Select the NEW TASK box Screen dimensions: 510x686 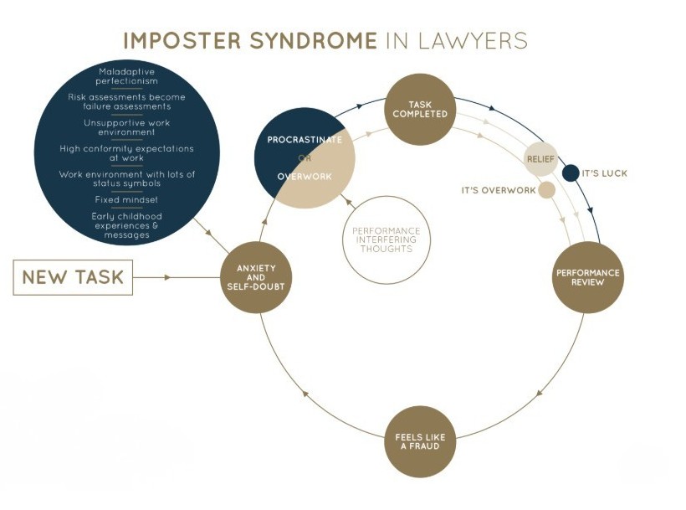tap(73, 277)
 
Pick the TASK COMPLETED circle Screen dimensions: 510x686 tap(419, 109)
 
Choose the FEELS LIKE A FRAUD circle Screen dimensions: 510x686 tap(419, 441)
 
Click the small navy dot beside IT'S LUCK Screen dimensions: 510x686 tap(571, 173)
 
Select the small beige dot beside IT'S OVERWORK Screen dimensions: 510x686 tap(546, 190)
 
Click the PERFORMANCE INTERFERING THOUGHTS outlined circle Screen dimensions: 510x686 tap(386, 240)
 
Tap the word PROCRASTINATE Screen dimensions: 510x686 tap(305, 139)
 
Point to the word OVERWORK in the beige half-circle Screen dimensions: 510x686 tap(305, 176)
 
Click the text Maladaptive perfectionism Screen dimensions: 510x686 tap(127, 76)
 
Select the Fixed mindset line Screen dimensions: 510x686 tap(127, 200)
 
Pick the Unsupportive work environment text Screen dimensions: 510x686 tap(127, 127)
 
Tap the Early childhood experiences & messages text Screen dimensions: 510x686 tap(127, 225)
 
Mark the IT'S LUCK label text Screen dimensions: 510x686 tap(604, 173)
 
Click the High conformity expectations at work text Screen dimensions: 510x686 tap(127, 152)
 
